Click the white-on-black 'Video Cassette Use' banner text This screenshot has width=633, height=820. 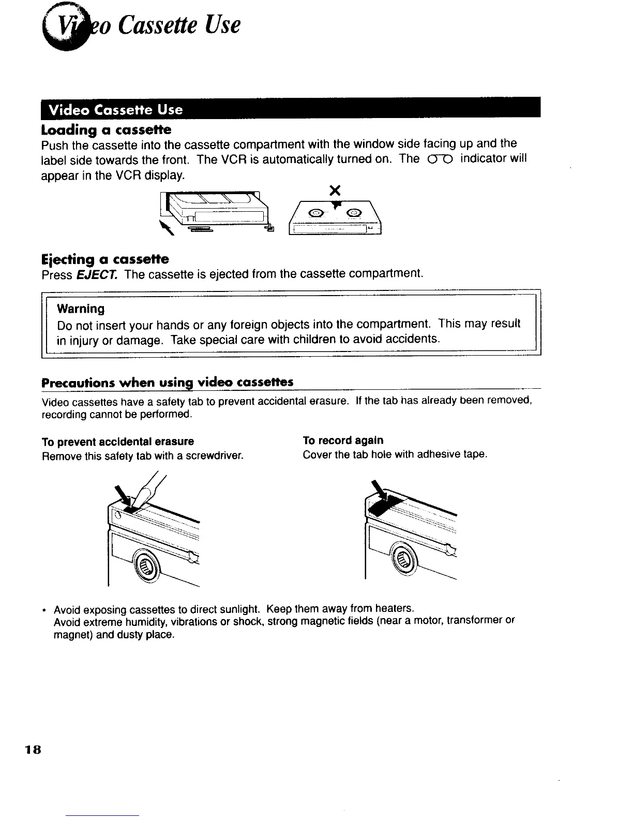(115, 110)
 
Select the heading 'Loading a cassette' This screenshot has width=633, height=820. (106, 129)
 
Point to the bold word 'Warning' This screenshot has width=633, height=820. (81, 309)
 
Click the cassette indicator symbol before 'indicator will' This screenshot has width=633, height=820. (440, 159)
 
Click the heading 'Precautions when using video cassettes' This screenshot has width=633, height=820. (167, 383)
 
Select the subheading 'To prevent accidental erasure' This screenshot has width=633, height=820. (117, 442)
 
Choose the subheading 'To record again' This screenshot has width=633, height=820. (343, 441)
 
